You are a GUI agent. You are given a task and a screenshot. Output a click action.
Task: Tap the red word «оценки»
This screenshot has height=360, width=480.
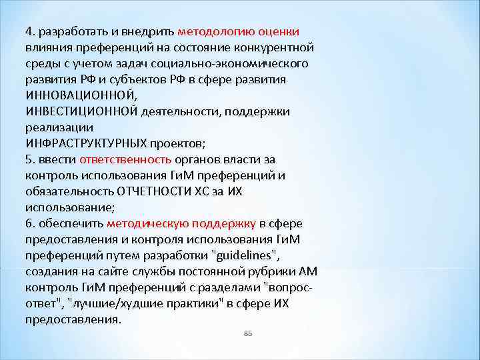(279, 31)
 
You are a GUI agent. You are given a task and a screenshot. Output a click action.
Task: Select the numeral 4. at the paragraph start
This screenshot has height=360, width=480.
(30, 31)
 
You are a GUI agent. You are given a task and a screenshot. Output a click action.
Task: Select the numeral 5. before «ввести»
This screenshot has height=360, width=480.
(30, 159)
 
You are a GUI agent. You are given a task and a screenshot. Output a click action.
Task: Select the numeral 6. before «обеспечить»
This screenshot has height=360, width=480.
(30, 223)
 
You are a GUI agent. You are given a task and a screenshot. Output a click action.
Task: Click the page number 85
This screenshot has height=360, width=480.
(249, 333)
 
